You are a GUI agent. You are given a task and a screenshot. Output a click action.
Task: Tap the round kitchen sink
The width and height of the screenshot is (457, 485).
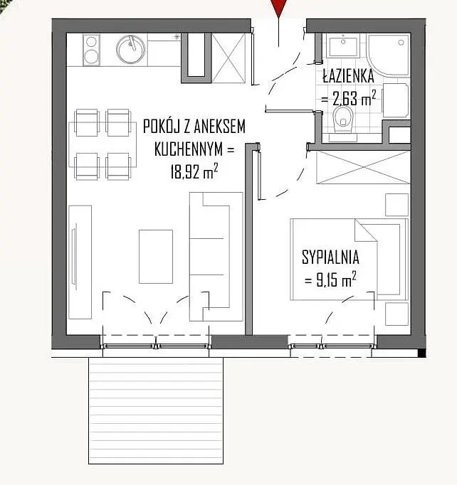point(130,50)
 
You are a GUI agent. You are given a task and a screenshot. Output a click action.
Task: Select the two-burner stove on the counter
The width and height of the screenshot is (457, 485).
point(91,50)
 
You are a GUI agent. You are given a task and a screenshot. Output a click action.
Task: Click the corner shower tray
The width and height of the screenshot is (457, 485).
point(388,55)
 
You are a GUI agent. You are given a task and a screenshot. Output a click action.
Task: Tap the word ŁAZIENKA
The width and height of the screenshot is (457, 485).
point(348,76)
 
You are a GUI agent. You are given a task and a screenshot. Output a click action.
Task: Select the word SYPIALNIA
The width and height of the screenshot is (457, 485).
point(330,257)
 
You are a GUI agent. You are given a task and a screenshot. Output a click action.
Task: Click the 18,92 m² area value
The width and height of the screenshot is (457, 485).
point(194,171)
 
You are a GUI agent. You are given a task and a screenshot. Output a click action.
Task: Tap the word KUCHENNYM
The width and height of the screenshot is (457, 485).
point(188,149)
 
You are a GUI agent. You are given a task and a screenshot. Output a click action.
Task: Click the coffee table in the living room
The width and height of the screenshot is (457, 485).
point(156,257)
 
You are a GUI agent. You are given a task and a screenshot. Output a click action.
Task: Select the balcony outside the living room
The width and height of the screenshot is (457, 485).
point(156,410)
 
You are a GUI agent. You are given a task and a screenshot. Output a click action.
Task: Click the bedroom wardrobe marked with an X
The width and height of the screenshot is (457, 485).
point(364,167)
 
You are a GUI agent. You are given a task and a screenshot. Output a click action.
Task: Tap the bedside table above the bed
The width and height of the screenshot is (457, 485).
point(396,205)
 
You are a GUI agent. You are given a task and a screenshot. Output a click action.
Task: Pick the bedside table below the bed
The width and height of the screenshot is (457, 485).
point(396,314)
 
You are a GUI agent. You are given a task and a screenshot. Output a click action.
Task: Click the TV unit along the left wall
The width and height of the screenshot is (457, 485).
point(80,262)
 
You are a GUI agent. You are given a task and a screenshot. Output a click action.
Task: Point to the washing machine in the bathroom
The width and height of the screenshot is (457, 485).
point(396,100)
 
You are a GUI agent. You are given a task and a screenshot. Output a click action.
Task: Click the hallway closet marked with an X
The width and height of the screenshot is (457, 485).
point(228,58)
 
